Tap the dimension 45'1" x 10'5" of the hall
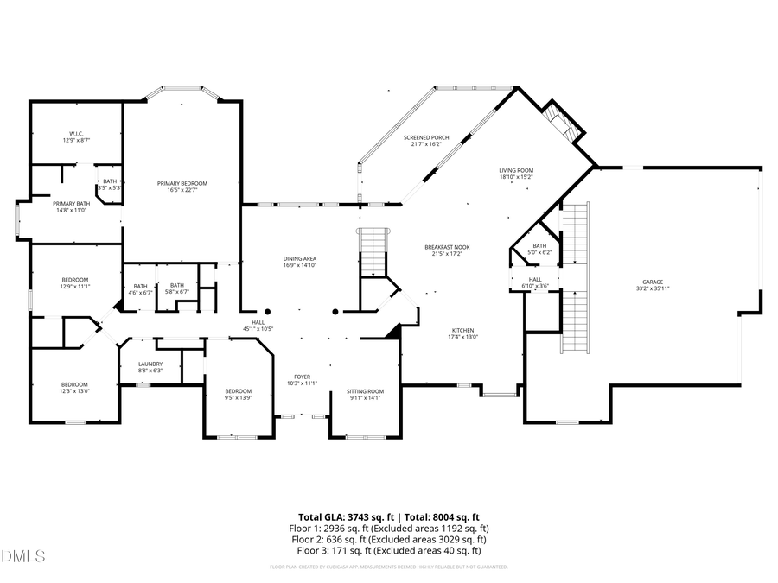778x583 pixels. pyautogui.click(x=258, y=329)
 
